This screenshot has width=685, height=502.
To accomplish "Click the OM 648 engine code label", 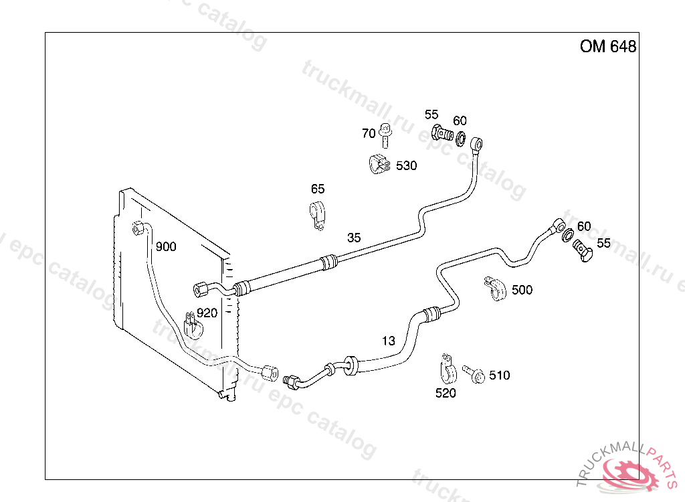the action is [607, 46].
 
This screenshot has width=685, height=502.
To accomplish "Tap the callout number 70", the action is [369, 133].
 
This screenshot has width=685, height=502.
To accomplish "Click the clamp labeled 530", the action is [379, 164].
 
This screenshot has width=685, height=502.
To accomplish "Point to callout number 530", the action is [406, 165].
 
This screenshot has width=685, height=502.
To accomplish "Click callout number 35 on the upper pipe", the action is [354, 237].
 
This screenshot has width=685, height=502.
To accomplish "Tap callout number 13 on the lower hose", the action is [389, 341].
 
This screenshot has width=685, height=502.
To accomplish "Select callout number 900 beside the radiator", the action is [166, 246].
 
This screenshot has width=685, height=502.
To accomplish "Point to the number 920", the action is [207, 313].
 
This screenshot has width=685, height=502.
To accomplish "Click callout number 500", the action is [522, 290].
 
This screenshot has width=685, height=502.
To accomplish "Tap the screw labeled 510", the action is [475, 375].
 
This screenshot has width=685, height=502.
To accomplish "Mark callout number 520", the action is [446, 393].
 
